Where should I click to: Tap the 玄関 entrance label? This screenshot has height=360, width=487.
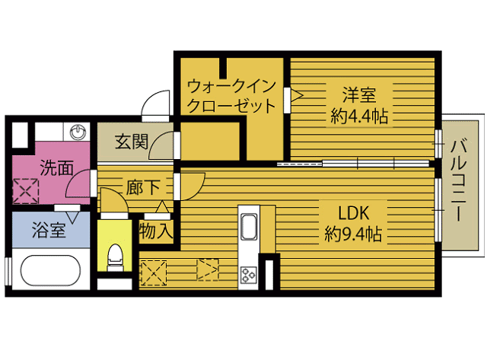131,142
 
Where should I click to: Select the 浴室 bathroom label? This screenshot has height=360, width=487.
48,230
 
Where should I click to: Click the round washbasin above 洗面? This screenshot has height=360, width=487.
79,132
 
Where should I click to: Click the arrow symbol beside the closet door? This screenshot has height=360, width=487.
297,96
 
